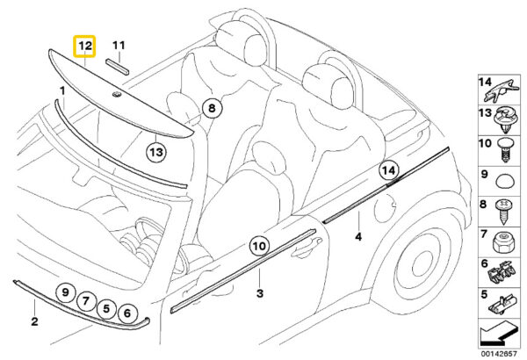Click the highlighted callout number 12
(84, 46)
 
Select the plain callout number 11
(119, 45)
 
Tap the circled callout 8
(212, 108)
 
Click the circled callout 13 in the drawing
(156, 152)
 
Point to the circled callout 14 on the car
(389, 170)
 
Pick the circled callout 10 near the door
(259, 246)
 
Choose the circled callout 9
(65, 292)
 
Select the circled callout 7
(86, 300)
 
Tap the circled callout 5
(106, 308)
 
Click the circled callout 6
(127, 313)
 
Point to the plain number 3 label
(260, 293)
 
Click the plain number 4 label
(358, 237)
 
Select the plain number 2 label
(34, 321)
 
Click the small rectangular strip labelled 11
(118, 67)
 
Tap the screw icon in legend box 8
(504, 212)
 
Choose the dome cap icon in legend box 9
(505, 181)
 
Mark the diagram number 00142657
(498, 354)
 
